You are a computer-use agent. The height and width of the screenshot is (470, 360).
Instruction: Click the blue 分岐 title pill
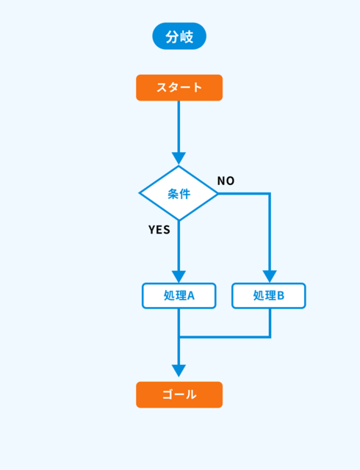point(179,36)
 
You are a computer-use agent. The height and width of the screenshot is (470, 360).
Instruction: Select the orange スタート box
point(179,87)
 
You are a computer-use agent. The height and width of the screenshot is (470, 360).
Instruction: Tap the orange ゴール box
point(179,394)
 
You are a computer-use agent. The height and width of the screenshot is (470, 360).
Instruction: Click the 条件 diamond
point(179,193)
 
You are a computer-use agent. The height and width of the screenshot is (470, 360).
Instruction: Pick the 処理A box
point(179,295)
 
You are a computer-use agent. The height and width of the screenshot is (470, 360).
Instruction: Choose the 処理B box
point(269,295)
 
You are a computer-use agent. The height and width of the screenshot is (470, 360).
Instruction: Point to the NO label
point(226,181)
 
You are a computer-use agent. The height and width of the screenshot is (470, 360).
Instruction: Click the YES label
point(159,230)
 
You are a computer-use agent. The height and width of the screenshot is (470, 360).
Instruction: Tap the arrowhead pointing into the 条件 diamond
point(179,159)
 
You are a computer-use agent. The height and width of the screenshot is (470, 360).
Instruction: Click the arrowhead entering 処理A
point(179,277)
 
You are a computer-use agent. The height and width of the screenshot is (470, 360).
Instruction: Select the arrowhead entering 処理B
point(270,277)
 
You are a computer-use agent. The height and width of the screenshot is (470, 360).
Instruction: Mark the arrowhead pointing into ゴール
point(179,371)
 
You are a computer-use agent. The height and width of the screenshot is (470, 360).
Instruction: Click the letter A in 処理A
point(191,296)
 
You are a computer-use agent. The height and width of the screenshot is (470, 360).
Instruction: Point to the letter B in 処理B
point(281,296)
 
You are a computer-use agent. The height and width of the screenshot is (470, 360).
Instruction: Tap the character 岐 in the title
point(187,37)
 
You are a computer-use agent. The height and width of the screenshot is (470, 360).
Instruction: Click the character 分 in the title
point(172,37)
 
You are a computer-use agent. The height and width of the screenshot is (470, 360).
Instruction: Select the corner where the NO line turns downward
point(270,194)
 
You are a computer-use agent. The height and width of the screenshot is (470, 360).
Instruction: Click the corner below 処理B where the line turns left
point(270,337)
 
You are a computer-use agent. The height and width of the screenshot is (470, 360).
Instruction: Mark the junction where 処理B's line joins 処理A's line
point(179,337)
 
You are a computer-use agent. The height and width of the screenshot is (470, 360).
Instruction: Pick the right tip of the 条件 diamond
point(218,194)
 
